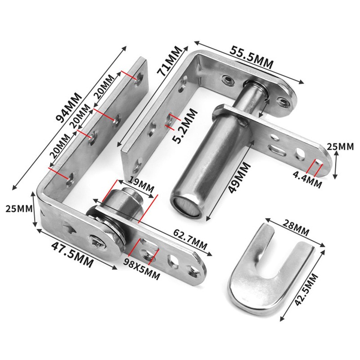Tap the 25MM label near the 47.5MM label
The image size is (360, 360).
tap(16, 209)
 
